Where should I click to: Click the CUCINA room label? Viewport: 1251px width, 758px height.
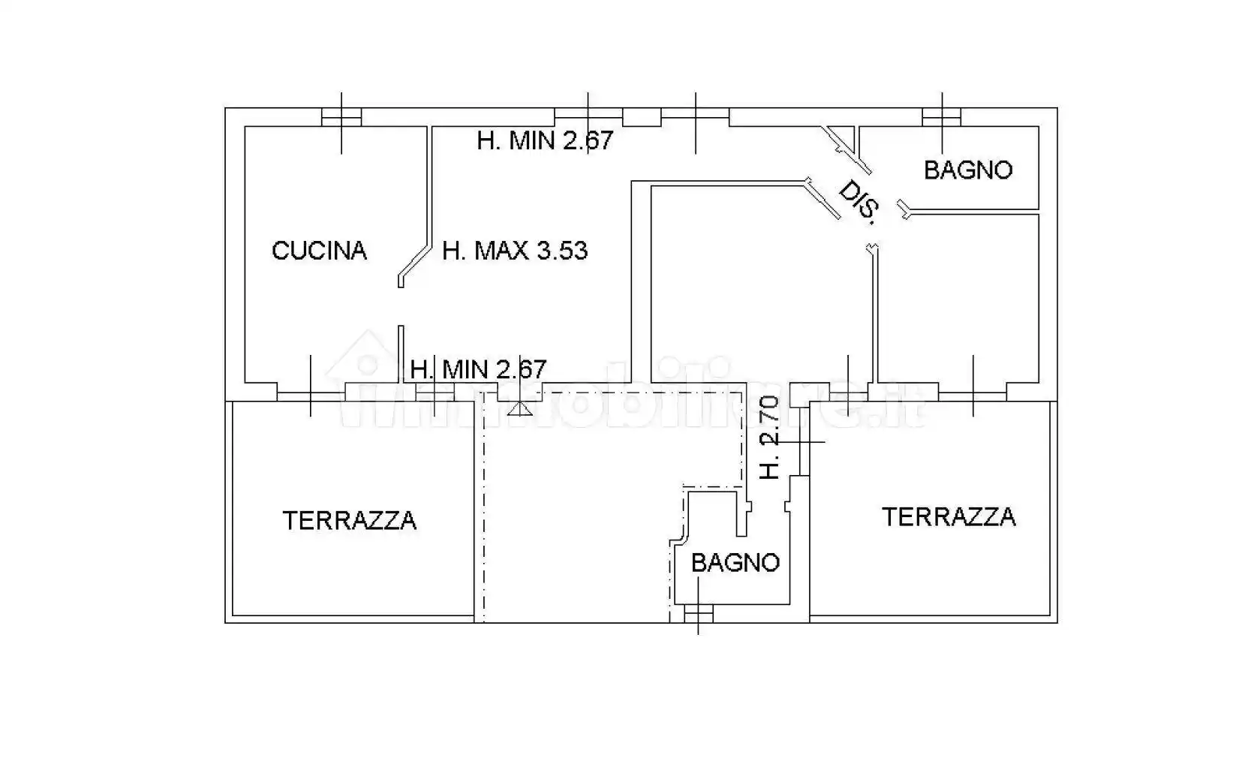319,251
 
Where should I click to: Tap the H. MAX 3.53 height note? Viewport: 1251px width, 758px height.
515,251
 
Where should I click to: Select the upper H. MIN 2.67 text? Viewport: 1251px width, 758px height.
545,140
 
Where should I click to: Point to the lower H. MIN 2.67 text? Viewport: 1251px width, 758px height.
478,369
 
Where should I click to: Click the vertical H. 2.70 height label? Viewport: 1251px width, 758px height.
771,438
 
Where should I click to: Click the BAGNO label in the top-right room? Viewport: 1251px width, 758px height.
967,170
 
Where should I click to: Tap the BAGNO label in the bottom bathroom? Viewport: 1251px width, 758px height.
735,563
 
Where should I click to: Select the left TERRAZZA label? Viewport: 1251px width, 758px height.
349,521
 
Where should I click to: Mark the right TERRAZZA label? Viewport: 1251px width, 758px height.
948,517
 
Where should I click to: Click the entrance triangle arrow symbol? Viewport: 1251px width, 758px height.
519,409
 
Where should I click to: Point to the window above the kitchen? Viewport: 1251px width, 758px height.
341,117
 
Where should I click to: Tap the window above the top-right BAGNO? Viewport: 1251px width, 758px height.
941,117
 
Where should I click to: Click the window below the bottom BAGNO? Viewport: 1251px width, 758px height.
699,615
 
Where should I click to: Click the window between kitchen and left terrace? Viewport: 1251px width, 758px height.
311,393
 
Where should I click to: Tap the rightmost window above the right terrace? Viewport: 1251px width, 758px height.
973,393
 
